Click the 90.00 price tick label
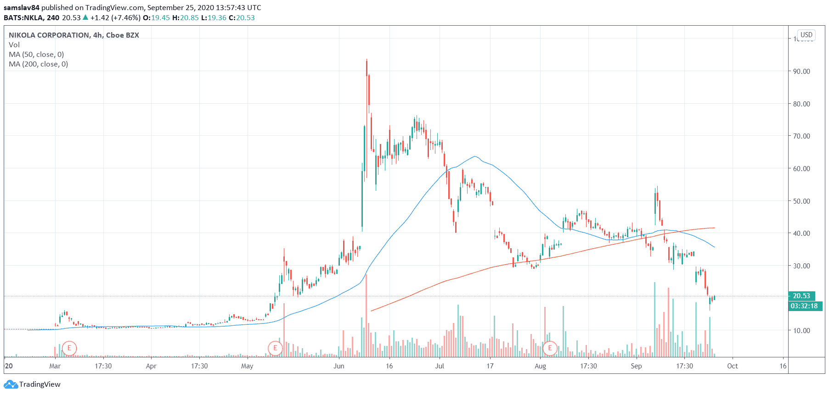[x=801, y=72]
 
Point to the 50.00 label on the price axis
[x=801, y=201]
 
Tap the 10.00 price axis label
[x=801, y=331]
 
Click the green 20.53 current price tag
[x=801, y=296]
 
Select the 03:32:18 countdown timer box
[x=804, y=306]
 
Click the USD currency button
[x=806, y=35]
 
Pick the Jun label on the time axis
[x=339, y=366]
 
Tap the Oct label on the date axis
[x=733, y=366]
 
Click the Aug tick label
[x=541, y=366]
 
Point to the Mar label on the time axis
[x=55, y=366]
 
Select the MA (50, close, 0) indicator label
[x=36, y=55]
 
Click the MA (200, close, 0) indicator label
[x=39, y=64]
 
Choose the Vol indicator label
[x=14, y=45]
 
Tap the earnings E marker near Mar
[x=69, y=348]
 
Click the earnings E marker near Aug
[x=550, y=348]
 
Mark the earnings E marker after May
[x=275, y=348]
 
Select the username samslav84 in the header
[x=22, y=8]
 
